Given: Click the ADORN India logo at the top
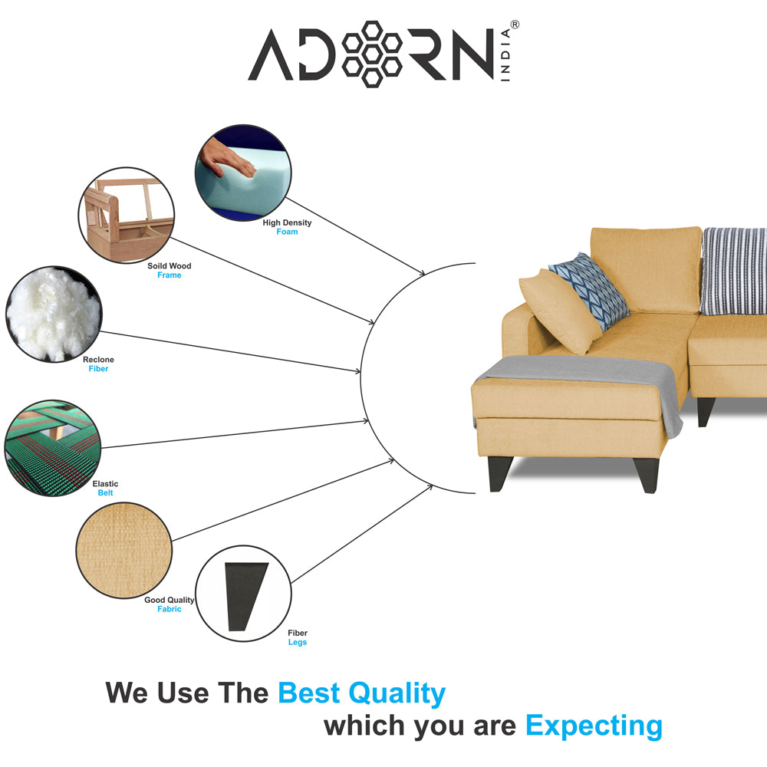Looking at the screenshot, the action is coord(383,54).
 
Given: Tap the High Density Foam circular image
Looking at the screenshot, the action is coord(243,172).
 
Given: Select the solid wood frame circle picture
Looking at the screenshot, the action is coord(127,216).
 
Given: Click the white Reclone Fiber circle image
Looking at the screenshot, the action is coord(54,314).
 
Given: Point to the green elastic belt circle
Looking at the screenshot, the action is coord(53,448).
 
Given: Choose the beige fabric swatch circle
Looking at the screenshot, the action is coord(124,550).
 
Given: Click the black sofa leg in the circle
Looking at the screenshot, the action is coord(246,596).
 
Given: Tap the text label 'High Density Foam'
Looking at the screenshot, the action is coord(287,227).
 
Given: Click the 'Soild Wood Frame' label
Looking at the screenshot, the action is coord(170,271).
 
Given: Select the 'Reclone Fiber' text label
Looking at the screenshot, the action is coord(98,364).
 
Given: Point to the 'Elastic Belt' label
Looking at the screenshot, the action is coord(105,488).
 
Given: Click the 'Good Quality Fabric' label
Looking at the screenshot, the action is coord(170,604).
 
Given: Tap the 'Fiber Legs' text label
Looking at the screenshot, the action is coord(298,637).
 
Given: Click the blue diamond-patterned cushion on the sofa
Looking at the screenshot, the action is coord(589,291).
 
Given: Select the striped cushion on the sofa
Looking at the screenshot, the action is coord(734,271).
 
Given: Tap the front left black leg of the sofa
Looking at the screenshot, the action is coord(500,473).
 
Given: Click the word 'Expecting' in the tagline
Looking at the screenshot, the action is coord(594,726).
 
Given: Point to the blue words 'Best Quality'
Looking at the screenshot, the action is coord(362,693).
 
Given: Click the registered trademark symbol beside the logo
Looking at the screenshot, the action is coord(515,25).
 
